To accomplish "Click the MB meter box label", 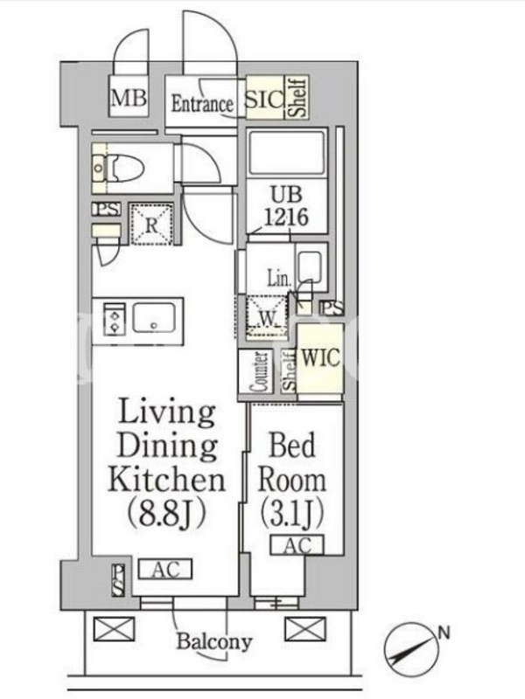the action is (129, 98).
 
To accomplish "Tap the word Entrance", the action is (202, 104).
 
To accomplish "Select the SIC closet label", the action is (265, 99).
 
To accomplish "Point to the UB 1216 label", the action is (286, 206).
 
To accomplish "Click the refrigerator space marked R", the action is (151, 225).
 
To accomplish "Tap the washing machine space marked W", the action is (268, 318).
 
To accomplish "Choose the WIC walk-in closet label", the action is (321, 357).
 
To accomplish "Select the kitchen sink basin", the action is (154, 317).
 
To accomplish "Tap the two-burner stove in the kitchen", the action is (115, 318).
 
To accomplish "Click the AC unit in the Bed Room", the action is (297, 544).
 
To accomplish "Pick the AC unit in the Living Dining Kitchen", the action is (164, 570).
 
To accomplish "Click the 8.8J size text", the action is (166, 513).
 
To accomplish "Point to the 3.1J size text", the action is (291, 513).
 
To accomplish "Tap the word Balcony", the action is (214, 642).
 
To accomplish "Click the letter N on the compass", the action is (444, 633).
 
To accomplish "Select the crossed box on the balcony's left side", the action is (114, 629).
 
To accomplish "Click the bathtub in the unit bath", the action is (287, 152).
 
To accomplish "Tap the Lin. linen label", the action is (279, 279).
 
